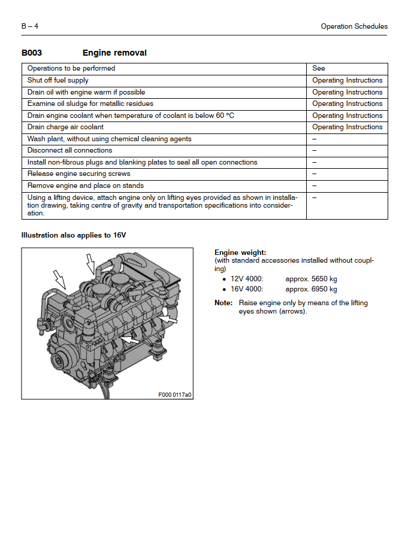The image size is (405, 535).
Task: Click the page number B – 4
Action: click(x=30, y=26)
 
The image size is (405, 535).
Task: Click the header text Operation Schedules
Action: click(x=353, y=26)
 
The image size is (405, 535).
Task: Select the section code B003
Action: click(x=32, y=53)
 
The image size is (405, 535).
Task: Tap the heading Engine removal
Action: click(x=114, y=53)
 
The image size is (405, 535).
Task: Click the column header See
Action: click(x=319, y=68)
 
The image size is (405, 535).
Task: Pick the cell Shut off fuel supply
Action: click(x=58, y=80)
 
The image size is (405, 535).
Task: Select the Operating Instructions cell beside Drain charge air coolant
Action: click(x=347, y=127)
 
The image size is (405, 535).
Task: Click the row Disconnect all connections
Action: click(x=69, y=150)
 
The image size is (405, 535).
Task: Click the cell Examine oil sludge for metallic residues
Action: click(x=90, y=104)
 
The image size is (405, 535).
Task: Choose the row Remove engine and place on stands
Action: click(x=86, y=186)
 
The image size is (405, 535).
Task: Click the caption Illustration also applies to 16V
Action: click(x=74, y=235)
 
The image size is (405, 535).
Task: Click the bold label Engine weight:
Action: click(x=240, y=253)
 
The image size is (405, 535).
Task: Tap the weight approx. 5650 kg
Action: click(x=311, y=279)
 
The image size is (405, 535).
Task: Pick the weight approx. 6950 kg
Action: click(x=311, y=289)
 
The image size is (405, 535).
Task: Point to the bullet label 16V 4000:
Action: click(x=247, y=289)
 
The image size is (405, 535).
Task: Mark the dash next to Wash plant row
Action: click(x=315, y=139)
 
